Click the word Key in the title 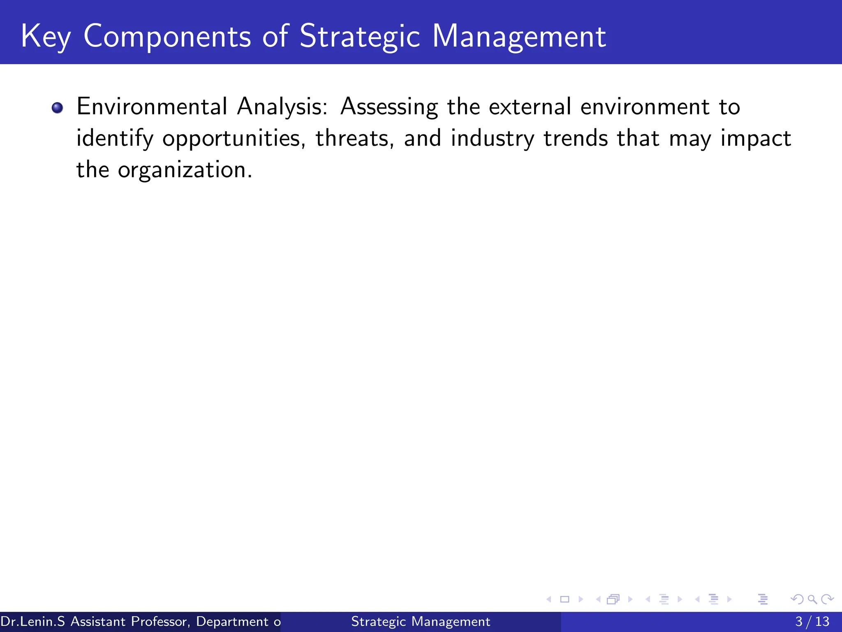tap(45, 37)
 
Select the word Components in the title tap(167, 37)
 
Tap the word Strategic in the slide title tap(359, 37)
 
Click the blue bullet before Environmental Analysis tap(57, 108)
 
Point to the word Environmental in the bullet tap(151, 107)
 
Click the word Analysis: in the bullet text tap(282, 107)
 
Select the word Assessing tap(389, 107)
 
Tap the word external tap(530, 107)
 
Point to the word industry tap(492, 139)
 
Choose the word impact tap(755, 139)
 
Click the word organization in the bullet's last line tap(185, 170)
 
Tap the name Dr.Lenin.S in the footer tap(32, 621)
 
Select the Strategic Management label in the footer tap(421, 621)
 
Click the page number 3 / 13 tap(812, 621)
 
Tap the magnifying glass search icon tap(812, 599)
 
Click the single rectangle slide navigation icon tap(564, 599)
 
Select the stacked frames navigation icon tap(613, 599)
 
